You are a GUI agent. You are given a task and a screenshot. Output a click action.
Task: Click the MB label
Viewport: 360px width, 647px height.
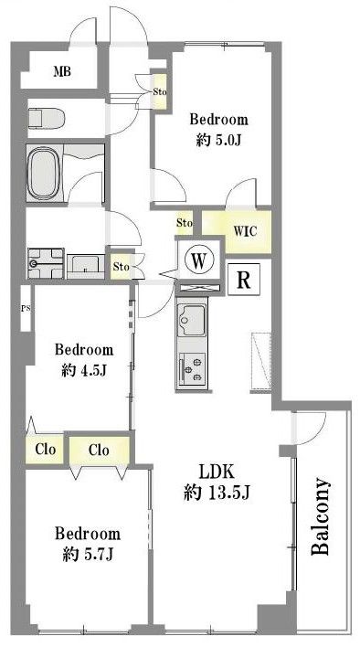click(x=62, y=72)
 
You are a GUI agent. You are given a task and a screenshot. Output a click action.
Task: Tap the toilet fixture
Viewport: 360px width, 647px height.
click(x=47, y=118)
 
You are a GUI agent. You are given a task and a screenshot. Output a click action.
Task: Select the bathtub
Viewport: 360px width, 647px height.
click(x=45, y=173)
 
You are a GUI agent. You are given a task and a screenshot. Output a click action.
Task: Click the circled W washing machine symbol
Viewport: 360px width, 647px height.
click(x=199, y=260)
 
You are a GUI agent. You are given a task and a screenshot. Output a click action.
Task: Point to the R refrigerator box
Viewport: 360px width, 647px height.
click(x=244, y=280)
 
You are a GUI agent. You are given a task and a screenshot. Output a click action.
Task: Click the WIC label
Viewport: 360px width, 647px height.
click(x=246, y=231)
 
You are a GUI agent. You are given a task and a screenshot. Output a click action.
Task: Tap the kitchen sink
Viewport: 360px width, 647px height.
click(x=191, y=322)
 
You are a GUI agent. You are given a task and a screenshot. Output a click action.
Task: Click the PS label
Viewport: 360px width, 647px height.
click(x=26, y=308)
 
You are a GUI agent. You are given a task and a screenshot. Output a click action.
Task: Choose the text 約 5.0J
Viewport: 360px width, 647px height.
click(x=218, y=141)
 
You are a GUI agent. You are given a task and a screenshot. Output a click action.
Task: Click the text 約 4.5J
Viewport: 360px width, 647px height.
click(x=84, y=371)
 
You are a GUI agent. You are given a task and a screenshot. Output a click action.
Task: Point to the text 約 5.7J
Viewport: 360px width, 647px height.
click(x=88, y=555)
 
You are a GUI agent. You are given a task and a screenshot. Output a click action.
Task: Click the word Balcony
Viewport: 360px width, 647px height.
click(x=320, y=516)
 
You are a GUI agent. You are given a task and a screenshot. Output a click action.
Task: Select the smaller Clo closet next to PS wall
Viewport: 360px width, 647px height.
click(x=45, y=449)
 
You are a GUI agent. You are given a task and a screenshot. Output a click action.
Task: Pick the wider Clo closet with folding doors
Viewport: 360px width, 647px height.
click(x=99, y=451)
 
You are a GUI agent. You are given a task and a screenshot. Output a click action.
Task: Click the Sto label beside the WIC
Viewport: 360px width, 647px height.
click(x=185, y=223)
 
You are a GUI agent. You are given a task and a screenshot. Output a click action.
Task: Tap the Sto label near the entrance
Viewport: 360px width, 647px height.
click(x=160, y=91)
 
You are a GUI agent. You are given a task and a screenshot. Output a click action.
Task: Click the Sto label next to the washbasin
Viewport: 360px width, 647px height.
click(x=122, y=267)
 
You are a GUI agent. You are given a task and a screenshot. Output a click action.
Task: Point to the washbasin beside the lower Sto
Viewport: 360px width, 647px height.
click(x=86, y=265)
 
